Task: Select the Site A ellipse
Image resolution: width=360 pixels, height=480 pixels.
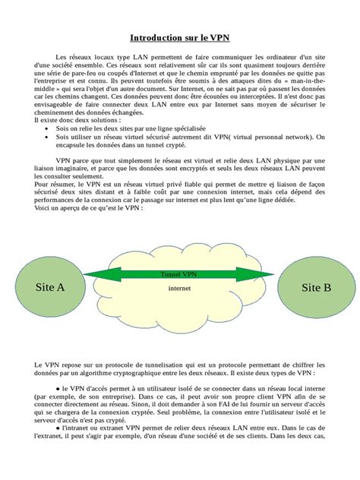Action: coord(50,288)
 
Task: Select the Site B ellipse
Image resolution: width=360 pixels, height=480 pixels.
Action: coord(316,288)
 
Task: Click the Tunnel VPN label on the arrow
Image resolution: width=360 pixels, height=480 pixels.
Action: coord(179,273)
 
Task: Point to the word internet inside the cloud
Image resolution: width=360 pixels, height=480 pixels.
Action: coord(179,289)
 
